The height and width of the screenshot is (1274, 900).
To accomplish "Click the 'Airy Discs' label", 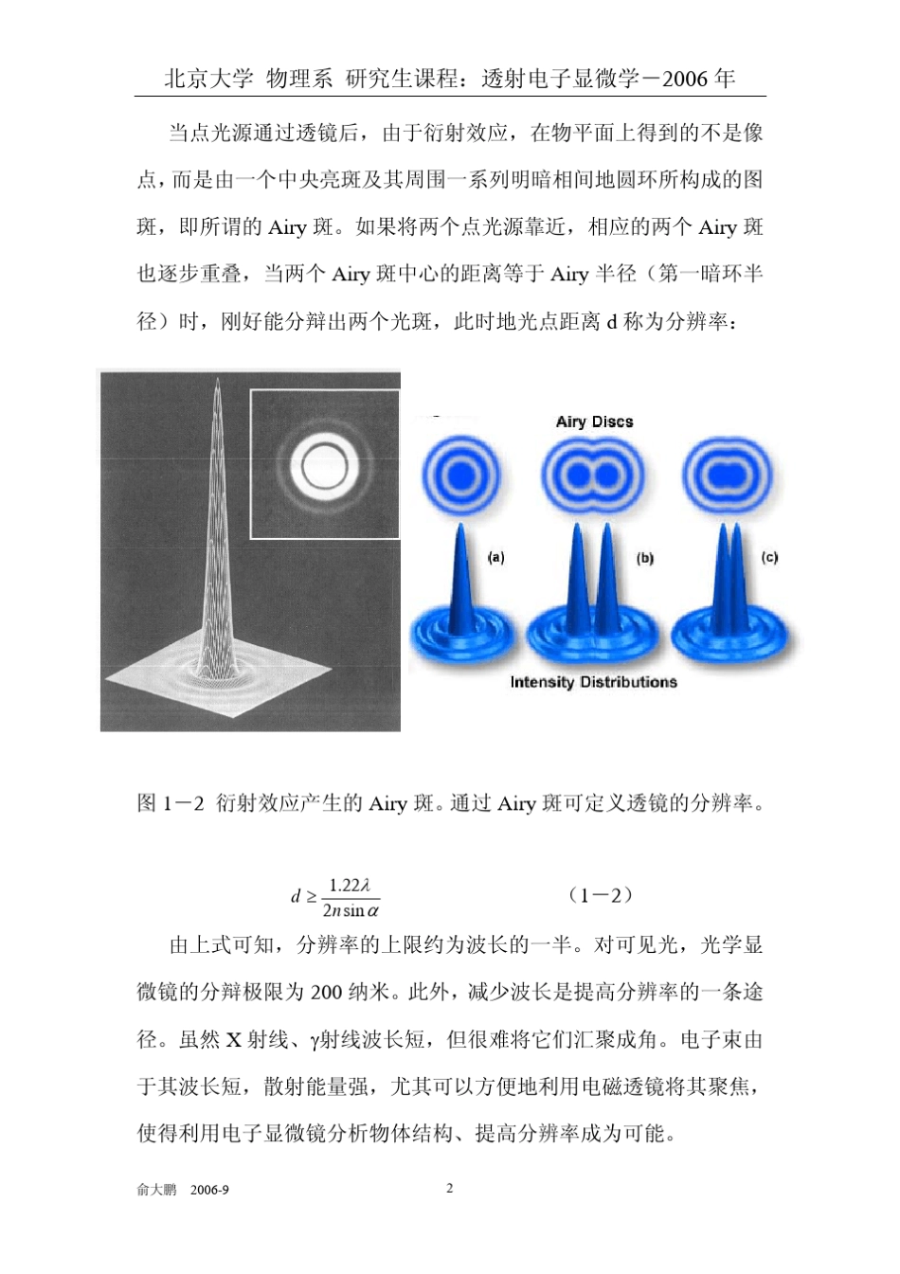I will (x=594, y=422).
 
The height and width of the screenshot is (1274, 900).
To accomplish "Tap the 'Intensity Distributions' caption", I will (x=593, y=682).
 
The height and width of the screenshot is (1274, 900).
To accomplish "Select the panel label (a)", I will (x=495, y=558).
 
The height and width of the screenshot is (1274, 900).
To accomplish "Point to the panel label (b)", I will (x=645, y=559).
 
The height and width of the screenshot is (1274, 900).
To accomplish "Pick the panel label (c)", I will (x=769, y=558).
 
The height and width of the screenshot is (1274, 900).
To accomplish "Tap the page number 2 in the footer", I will (x=450, y=1188).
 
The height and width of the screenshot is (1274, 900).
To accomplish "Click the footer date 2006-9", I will (x=209, y=1190).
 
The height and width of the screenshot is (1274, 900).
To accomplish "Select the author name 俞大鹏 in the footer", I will (x=156, y=1190).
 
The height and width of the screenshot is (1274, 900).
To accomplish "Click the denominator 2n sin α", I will (x=351, y=910).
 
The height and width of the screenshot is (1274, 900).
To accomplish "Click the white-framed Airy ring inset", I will (x=325, y=464).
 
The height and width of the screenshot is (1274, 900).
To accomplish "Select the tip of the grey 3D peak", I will (x=218, y=383).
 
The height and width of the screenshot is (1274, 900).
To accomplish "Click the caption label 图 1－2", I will (x=171, y=803).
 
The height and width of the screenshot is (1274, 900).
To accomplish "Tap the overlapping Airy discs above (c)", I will (x=728, y=473).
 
